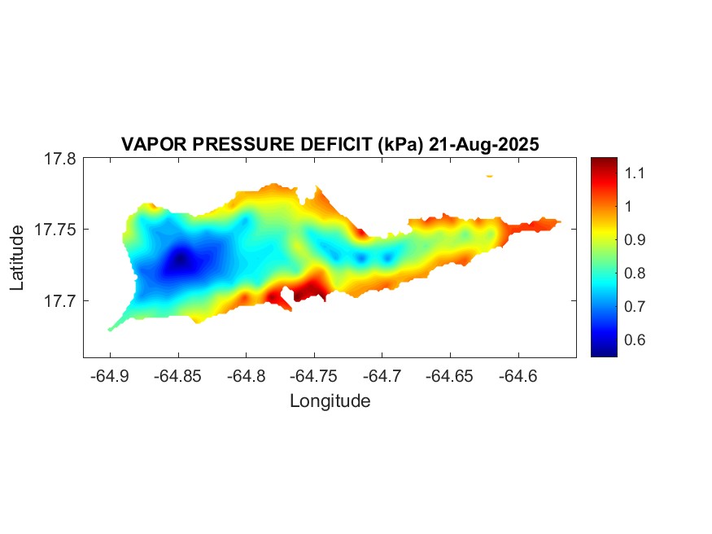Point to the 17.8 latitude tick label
(x=60, y=159)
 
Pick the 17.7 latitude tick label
(x=60, y=300)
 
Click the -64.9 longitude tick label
(x=109, y=376)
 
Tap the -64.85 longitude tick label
(x=177, y=376)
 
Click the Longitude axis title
(x=330, y=400)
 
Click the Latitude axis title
(x=18, y=259)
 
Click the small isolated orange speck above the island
(x=489, y=176)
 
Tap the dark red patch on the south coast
(x=309, y=289)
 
